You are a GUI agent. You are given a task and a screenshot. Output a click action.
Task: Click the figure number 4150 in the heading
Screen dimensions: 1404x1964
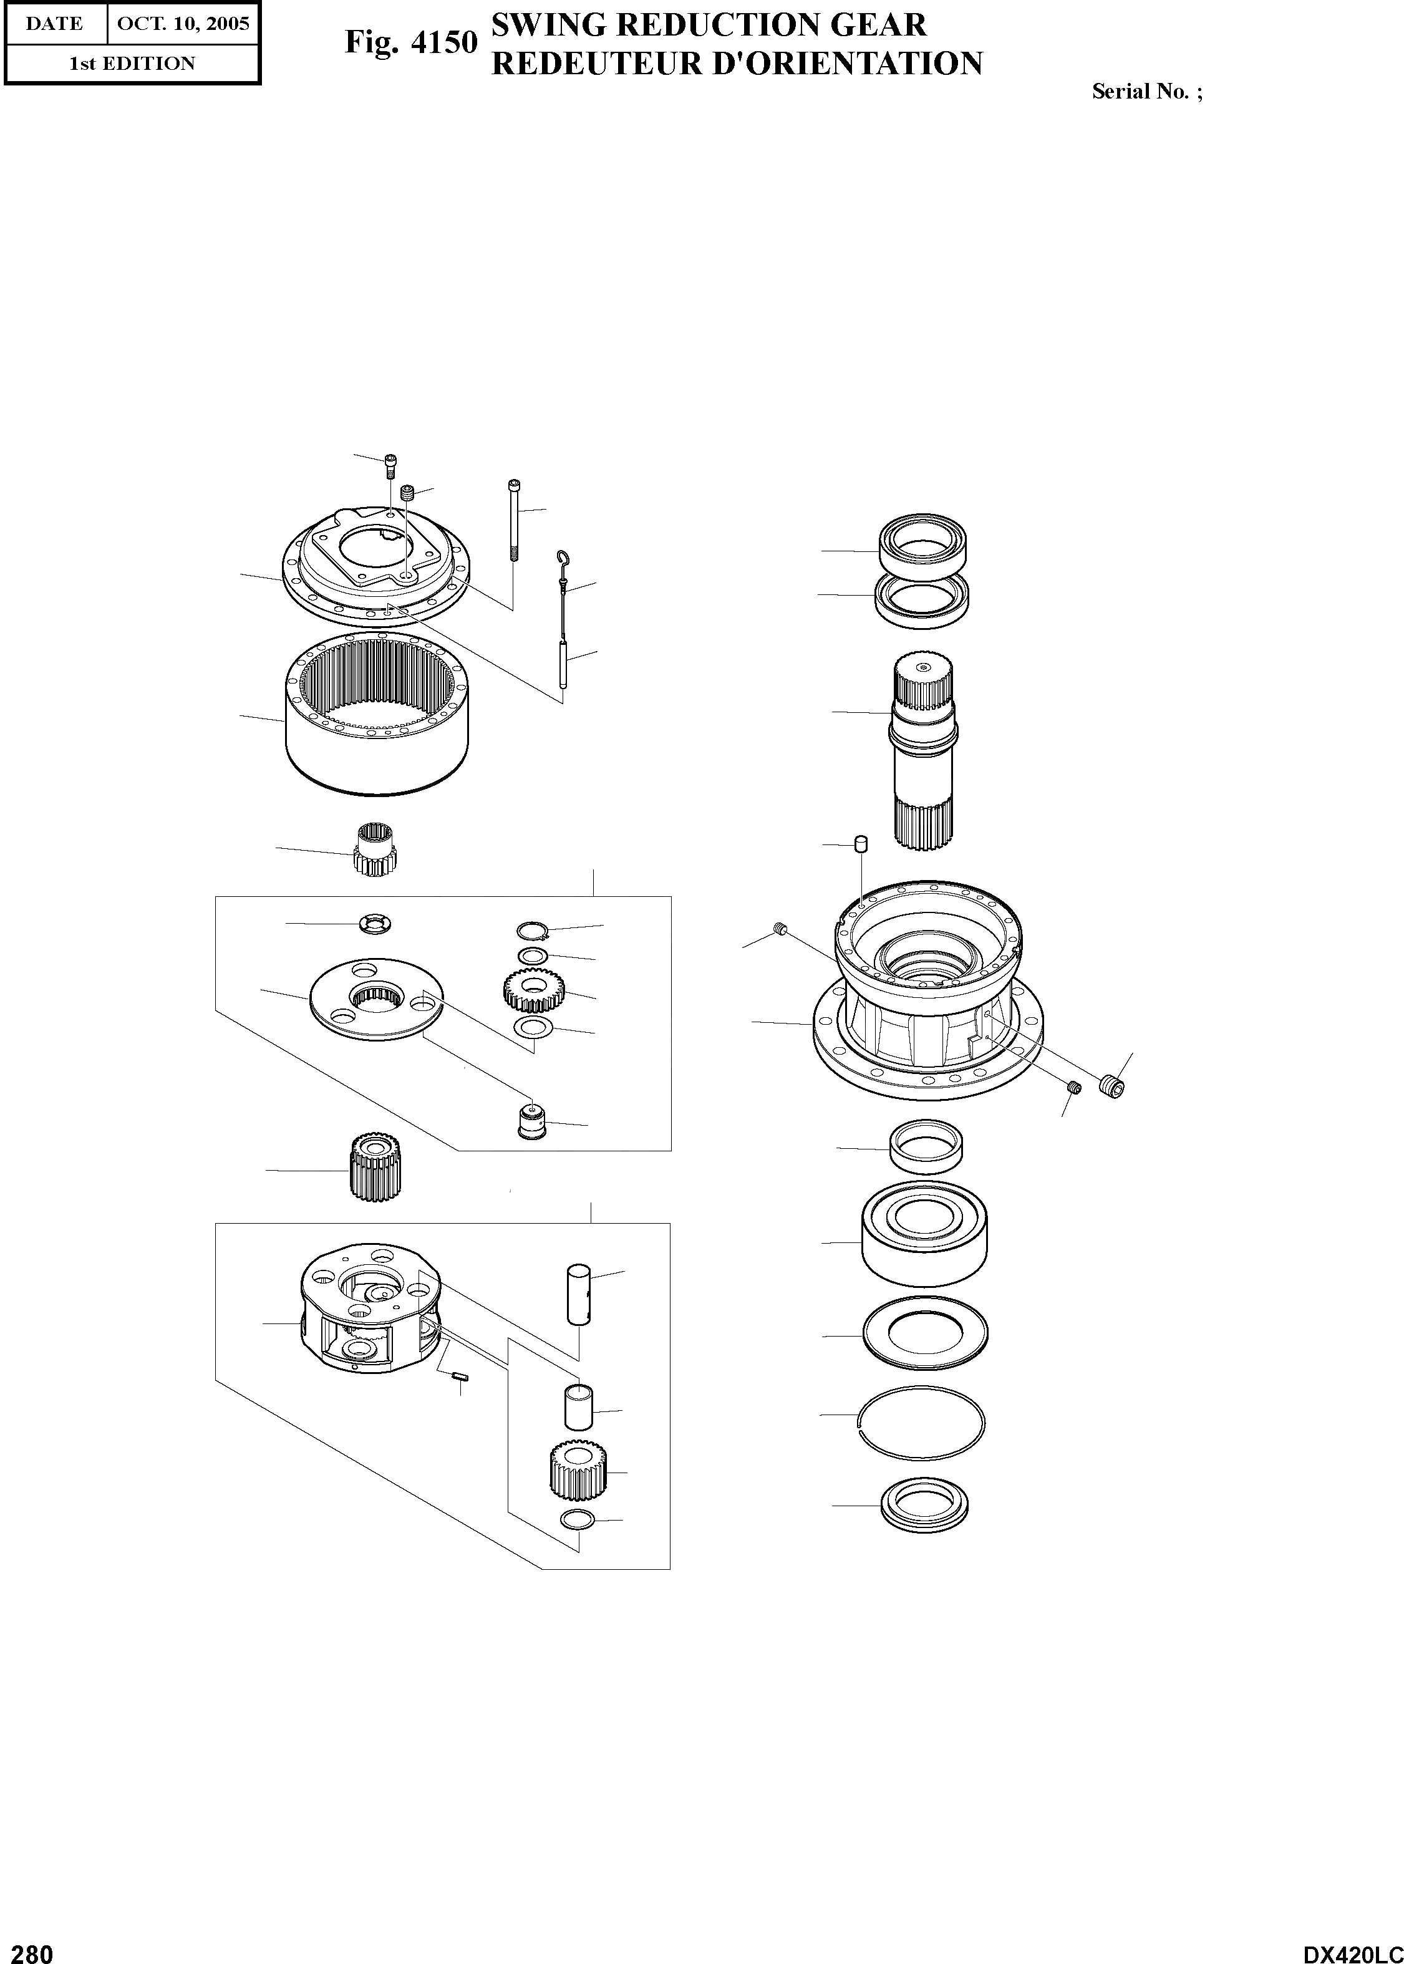tap(443, 42)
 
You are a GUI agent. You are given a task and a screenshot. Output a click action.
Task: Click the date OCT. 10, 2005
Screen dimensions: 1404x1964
tap(182, 23)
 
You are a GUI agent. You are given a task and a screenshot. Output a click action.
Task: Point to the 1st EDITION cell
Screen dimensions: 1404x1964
tap(132, 63)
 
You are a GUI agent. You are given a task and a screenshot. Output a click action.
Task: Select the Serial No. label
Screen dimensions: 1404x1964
tap(1146, 92)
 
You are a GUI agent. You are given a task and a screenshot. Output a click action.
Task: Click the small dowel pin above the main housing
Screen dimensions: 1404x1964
tap(860, 844)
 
